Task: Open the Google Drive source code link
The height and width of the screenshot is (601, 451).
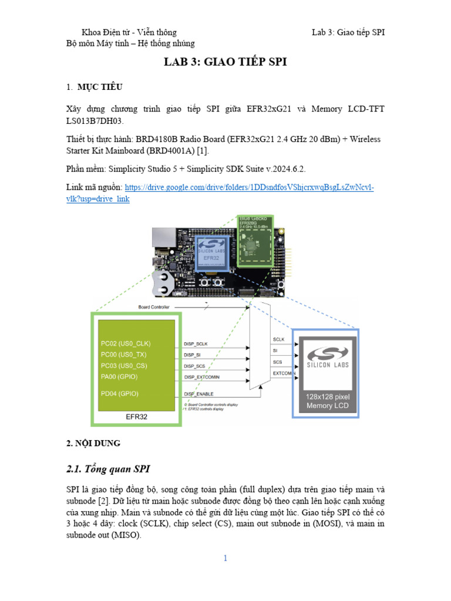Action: pyautogui.click(x=250, y=188)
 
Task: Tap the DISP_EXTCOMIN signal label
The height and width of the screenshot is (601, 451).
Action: pyautogui.click(x=206, y=377)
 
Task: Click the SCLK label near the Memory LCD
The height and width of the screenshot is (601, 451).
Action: pyautogui.click(x=279, y=340)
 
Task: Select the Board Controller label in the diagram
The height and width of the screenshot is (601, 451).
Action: pyautogui.click(x=154, y=307)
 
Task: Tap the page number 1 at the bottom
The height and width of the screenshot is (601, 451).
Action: pyautogui.click(x=225, y=558)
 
